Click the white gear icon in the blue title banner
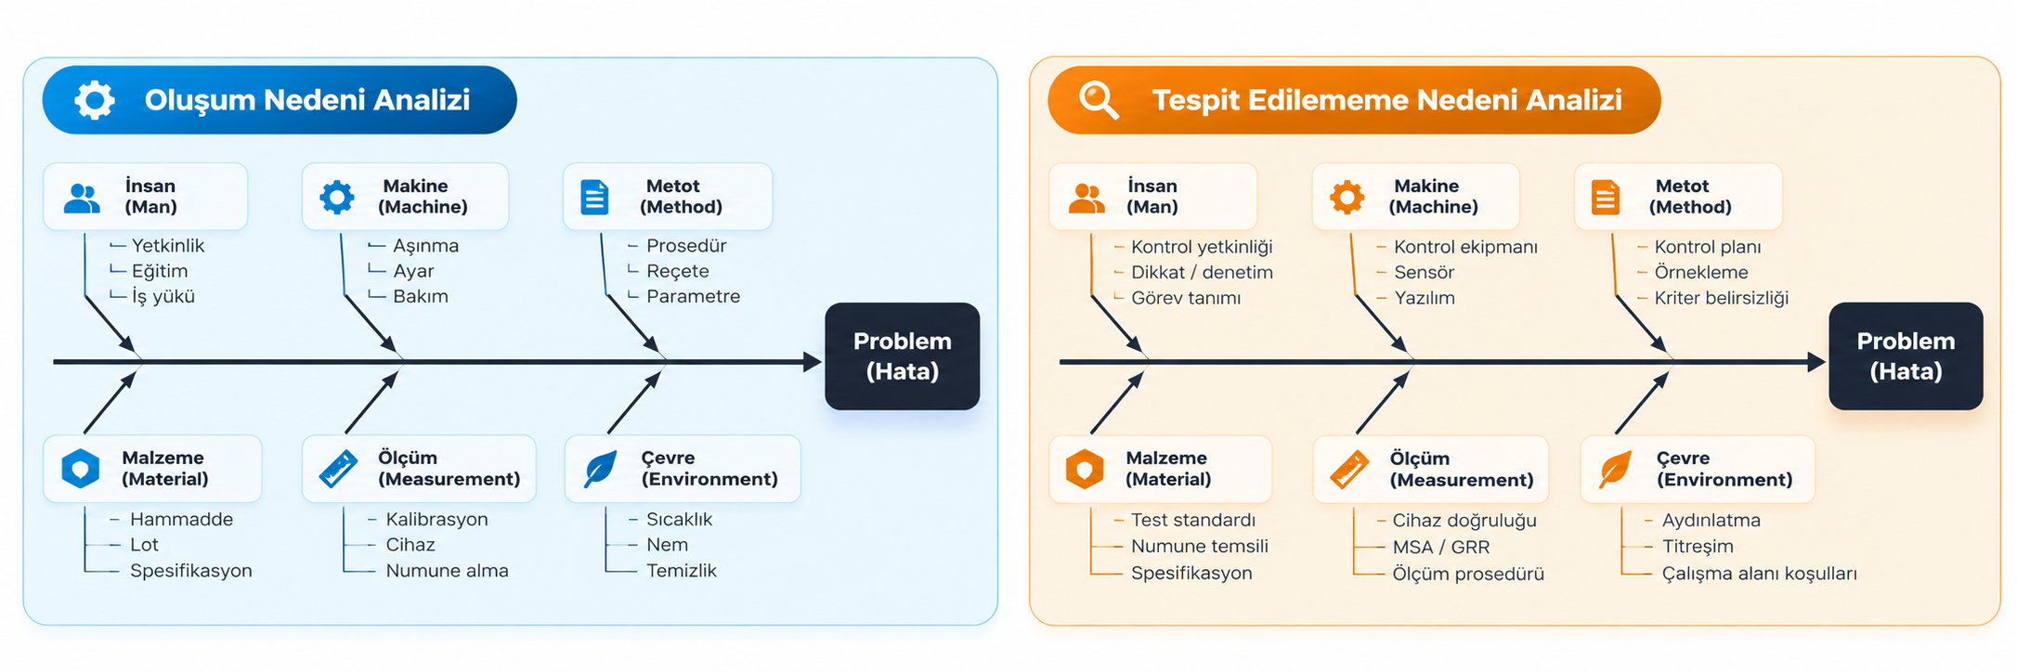click(x=95, y=99)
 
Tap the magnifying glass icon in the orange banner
click(x=1099, y=99)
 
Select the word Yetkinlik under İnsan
click(x=168, y=245)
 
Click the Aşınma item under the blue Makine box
click(x=425, y=245)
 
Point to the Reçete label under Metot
click(x=678, y=271)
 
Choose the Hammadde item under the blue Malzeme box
click(x=181, y=519)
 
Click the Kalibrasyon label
click(x=436, y=519)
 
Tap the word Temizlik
click(x=682, y=570)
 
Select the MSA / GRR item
click(x=1441, y=547)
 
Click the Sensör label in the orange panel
click(x=1424, y=272)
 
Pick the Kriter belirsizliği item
click(x=1721, y=298)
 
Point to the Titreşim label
click(x=1698, y=547)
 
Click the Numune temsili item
click(x=1199, y=547)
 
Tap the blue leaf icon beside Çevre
click(x=600, y=469)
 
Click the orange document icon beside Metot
click(x=1605, y=197)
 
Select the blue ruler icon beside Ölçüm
click(x=338, y=469)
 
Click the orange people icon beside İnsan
click(x=1087, y=198)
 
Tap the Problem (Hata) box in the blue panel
click(x=902, y=356)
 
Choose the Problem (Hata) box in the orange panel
click(x=1906, y=356)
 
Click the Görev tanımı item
click(x=1186, y=298)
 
